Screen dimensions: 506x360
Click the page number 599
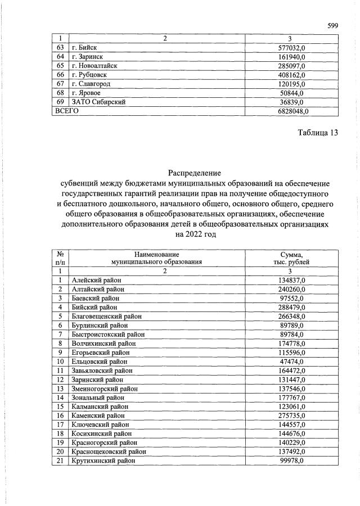pyautogui.click(x=332, y=25)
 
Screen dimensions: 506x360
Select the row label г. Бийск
pyautogui.click(x=84, y=48)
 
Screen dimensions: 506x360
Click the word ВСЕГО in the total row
pyautogui.click(x=66, y=111)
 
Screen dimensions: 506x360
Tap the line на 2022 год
pyautogui.click(x=195, y=234)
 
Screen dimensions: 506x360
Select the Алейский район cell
pyautogui.click(x=96, y=280)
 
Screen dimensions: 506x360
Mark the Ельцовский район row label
pyautogui.click(x=100, y=361)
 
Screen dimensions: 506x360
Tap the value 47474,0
pyautogui.click(x=292, y=361)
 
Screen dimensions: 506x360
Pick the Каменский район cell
pyautogui.click(x=98, y=415)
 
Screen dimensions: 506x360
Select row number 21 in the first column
pyautogui.click(x=60, y=460)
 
